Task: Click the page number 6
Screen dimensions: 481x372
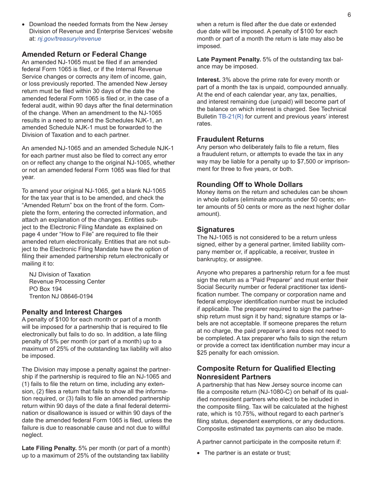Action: (349, 15)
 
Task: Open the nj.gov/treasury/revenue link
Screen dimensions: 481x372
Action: (69, 39)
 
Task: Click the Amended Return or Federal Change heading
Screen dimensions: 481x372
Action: (84, 54)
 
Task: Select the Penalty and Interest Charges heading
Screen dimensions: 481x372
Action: (72, 312)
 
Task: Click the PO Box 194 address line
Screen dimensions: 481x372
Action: (45, 289)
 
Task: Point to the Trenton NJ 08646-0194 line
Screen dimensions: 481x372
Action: (61, 296)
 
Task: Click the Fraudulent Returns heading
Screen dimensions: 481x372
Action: (230, 139)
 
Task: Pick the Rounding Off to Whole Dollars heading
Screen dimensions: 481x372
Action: (249, 185)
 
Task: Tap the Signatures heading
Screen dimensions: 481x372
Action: (215, 230)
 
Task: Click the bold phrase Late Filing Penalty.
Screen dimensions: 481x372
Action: (49, 448)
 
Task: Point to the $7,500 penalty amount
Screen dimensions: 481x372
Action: (309, 162)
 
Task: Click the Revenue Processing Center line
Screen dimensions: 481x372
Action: (67, 282)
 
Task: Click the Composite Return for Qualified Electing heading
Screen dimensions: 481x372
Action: (266, 368)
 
